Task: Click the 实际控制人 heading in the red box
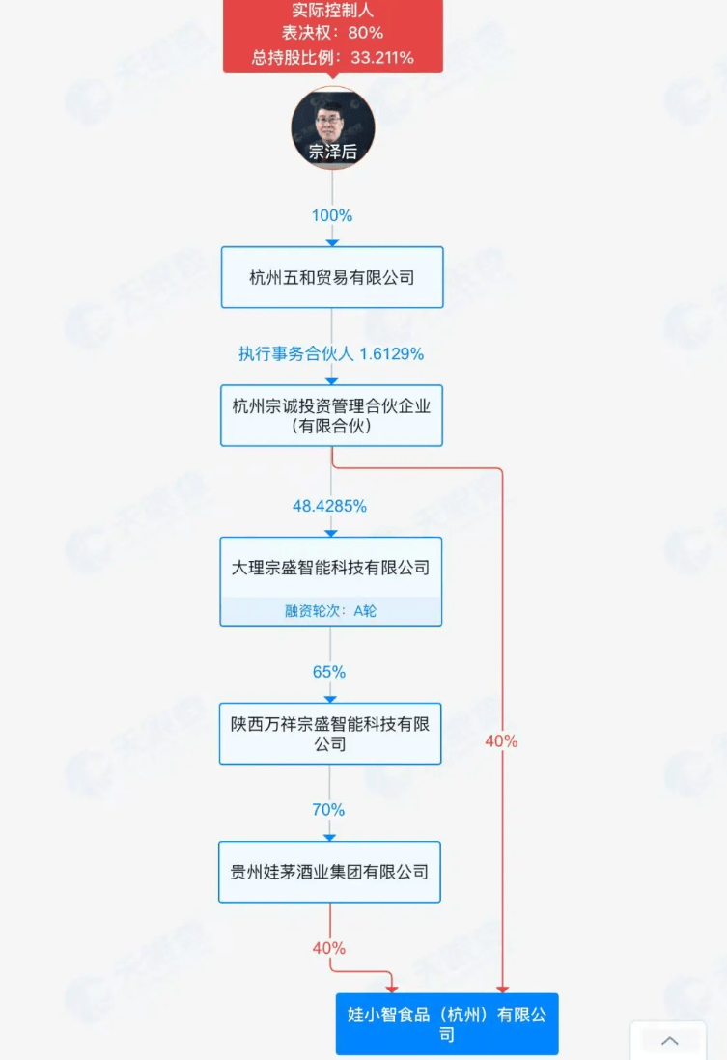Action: (332, 12)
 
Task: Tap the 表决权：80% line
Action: (332, 34)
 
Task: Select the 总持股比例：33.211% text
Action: (332, 57)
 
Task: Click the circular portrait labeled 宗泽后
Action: (332, 127)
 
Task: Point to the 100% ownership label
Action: (331, 215)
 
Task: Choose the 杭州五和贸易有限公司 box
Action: (331, 277)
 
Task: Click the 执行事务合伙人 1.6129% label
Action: (331, 353)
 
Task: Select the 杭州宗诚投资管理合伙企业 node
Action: (331, 415)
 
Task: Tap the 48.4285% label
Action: (329, 506)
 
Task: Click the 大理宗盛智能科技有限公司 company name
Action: (330, 568)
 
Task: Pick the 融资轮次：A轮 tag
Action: (330, 611)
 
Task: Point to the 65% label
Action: (329, 672)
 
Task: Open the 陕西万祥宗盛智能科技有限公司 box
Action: (329, 734)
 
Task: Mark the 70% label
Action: (329, 810)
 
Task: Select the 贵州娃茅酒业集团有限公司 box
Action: (329, 872)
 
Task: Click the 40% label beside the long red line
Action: (501, 741)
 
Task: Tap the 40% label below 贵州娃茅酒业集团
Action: (328, 948)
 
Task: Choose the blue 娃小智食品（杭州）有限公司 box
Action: (447, 1024)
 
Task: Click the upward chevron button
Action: (669, 1041)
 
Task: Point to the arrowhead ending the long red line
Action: (502, 988)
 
